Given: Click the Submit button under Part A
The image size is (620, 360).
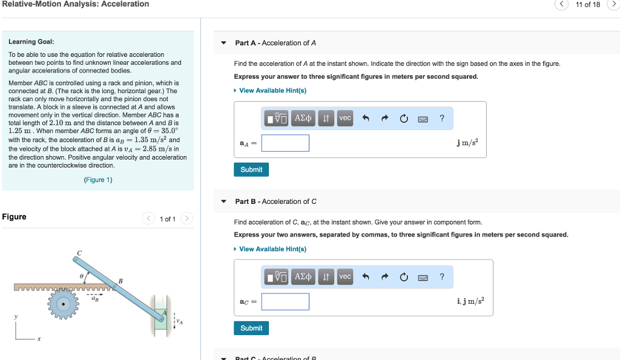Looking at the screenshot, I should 251,169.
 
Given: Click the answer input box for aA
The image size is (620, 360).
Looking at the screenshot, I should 285,143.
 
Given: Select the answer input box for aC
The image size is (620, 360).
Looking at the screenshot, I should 285,302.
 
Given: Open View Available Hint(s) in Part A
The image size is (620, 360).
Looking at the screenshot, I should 272,90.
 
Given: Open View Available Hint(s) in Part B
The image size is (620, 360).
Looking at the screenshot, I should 272,249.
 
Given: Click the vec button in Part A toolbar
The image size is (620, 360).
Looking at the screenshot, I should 345,119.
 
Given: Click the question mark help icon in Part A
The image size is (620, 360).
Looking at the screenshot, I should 442,119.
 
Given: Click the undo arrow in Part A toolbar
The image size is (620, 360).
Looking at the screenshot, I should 366,119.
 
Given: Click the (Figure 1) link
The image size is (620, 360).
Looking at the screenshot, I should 97,180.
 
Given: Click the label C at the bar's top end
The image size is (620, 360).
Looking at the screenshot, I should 79,252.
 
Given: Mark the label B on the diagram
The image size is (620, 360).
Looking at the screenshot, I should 120,280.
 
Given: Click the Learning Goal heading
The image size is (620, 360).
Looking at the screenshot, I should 31,42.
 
